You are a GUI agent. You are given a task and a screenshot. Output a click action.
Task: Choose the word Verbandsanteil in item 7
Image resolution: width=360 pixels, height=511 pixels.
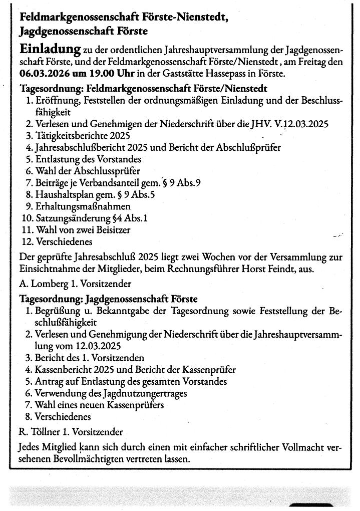(x=113, y=183)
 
